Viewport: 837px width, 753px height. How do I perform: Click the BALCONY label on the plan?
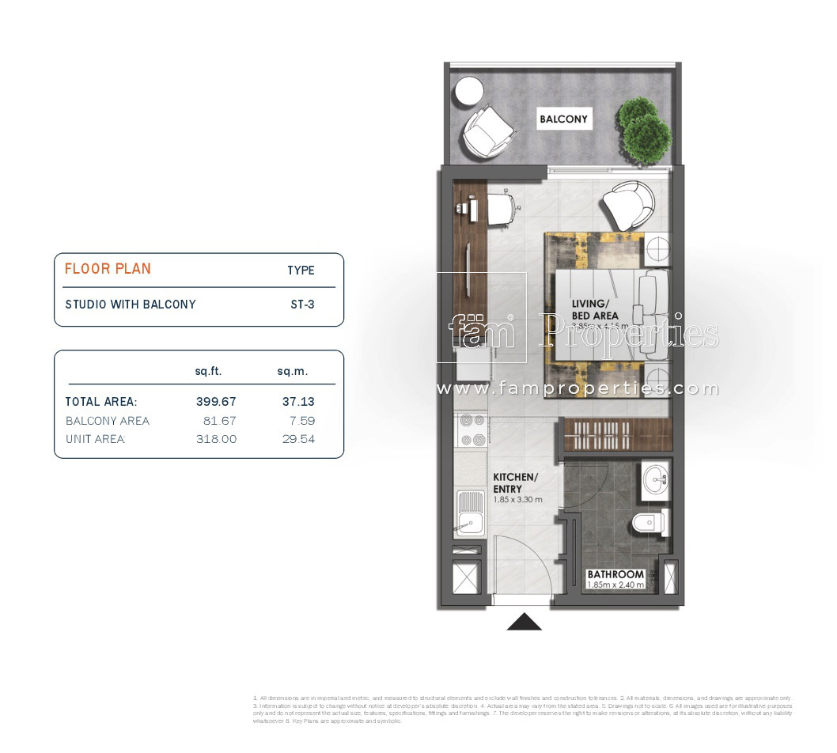(563, 119)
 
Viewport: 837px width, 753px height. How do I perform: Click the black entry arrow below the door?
(524, 622)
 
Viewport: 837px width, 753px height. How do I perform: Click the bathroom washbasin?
(656, 478)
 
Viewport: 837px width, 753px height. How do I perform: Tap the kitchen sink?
(470, 513)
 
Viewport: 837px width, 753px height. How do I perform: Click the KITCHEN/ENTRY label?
(516, 483)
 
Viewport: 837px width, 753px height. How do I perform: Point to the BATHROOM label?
(615, 574)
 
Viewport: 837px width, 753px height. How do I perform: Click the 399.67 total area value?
(216, 402)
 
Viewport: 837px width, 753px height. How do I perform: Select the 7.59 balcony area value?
(298, 421)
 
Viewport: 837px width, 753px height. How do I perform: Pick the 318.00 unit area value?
(216, 439)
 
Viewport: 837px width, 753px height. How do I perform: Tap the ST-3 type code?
(301, 304)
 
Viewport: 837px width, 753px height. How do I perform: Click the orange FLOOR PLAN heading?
(108, 269)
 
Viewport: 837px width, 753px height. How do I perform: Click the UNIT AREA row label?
(95, 439)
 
